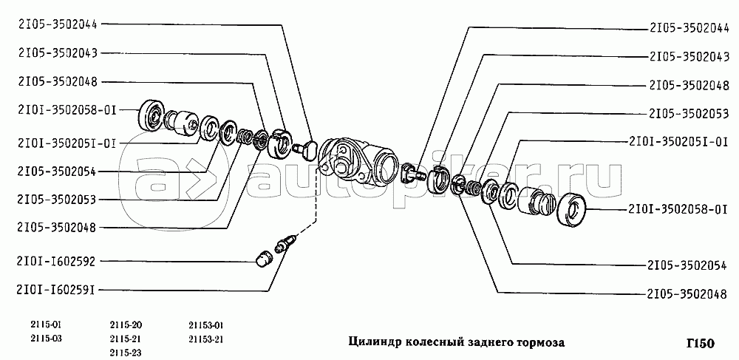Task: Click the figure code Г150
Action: (698, 344)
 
